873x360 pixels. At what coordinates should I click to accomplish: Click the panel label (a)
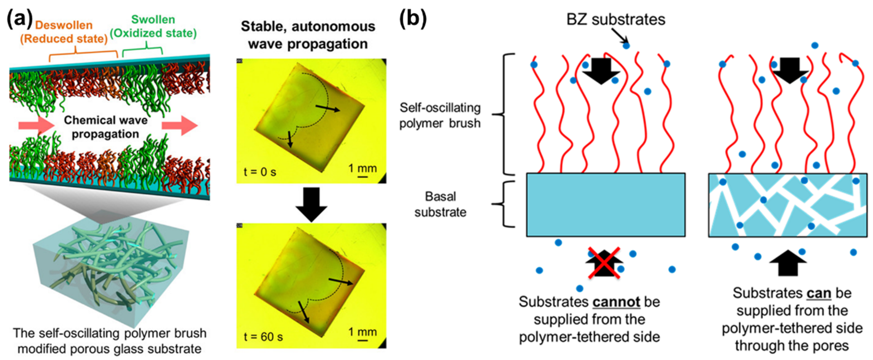tap(20, 19)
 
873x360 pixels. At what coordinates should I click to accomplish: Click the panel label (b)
tap(413, 19)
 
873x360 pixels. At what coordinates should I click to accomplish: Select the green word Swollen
tap(153, 20)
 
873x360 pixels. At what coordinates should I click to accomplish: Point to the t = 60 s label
tap(263, 337)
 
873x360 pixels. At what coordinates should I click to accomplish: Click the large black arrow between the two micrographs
tap(311, 203)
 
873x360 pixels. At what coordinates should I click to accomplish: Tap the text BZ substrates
tap(616, 20)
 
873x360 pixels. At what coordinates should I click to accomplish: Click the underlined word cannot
tap(616, 302)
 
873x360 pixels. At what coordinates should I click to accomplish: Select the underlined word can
tap(818, 293)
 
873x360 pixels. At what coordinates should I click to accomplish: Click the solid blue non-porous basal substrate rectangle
tap(605, 205)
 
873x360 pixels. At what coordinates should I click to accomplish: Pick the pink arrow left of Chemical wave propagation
tap(36, 125)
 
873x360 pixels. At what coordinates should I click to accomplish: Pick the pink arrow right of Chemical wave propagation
tap(180, 125)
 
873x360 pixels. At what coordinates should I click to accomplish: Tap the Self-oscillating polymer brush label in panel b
tap(440, 115)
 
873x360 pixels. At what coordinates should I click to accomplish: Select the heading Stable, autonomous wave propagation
tap(308, 35)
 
